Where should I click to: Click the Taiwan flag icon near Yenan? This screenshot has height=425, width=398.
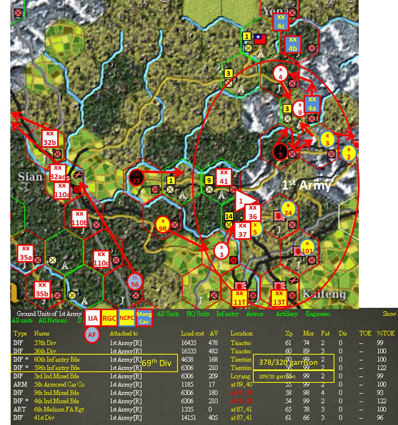coord(260,39)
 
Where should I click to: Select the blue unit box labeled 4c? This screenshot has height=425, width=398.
coord(281,22)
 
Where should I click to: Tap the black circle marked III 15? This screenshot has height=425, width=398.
coord(136,177)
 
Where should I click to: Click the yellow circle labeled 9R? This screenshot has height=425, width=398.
coord(163,225)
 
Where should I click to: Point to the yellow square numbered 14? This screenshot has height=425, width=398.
coord(229,216)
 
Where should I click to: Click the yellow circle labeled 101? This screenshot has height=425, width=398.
coord(307,247)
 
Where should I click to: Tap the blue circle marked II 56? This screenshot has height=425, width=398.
coord(134,281)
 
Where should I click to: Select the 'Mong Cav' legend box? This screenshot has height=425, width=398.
coord(144,318)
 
